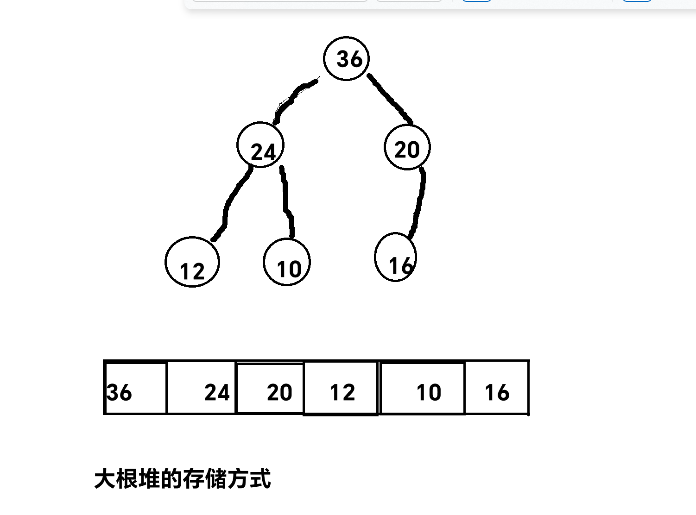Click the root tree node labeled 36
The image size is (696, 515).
click(347, 58)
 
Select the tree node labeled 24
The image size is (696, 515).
click(260, 145)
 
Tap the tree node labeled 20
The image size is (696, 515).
click(407, 147)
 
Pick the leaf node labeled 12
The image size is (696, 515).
click(192, 262)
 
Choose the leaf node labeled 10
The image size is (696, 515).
click(287, 262)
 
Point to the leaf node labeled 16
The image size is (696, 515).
click(396, 257)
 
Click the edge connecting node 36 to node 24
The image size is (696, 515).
click(292, 100)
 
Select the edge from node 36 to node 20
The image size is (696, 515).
click(389, 99)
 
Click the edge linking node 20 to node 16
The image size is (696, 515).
click(419, 204)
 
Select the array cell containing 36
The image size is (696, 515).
click(136, 388)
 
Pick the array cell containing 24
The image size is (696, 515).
click(201, 388)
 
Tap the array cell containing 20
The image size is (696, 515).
click(270, 388)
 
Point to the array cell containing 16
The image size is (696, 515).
click(497, 388)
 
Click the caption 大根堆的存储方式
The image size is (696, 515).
click(183, 479)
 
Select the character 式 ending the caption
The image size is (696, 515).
click(260, 479)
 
